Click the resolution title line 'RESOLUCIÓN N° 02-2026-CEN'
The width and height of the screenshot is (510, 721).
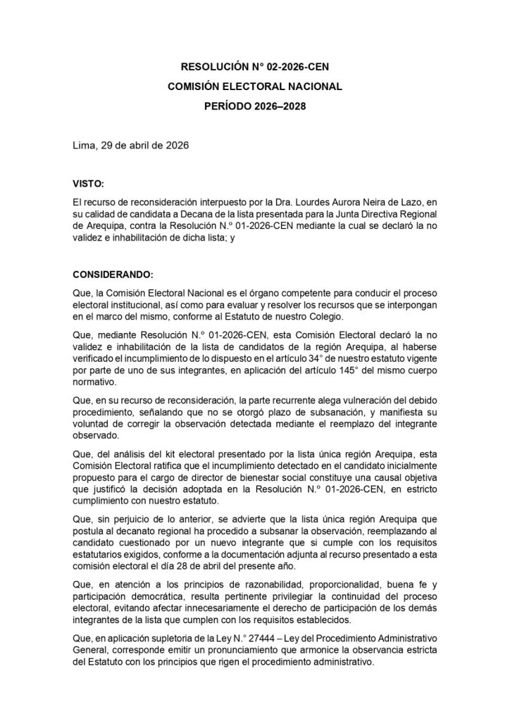pyautogui.click(x=255, y=68)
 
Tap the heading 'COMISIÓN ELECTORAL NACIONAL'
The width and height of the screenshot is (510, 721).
pyautogui.click(x=255, y=87)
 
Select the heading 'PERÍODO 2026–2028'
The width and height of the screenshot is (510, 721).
pyautogui.click(x=255, y=107)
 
